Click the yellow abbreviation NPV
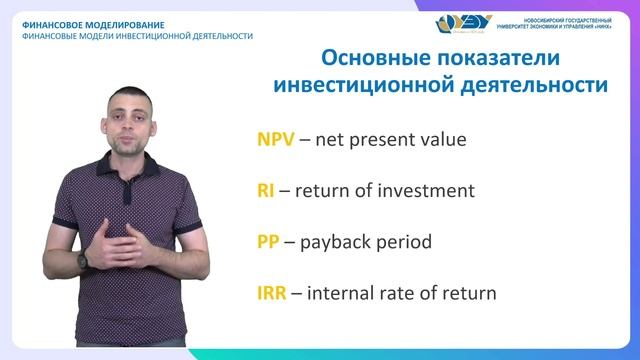(x=276, y=140)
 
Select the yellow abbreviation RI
(x=266, y=191)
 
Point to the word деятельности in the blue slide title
(x=536, y=86)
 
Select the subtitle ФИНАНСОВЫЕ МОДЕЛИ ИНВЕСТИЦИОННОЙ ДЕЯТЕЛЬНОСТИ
(x=137, y=36)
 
